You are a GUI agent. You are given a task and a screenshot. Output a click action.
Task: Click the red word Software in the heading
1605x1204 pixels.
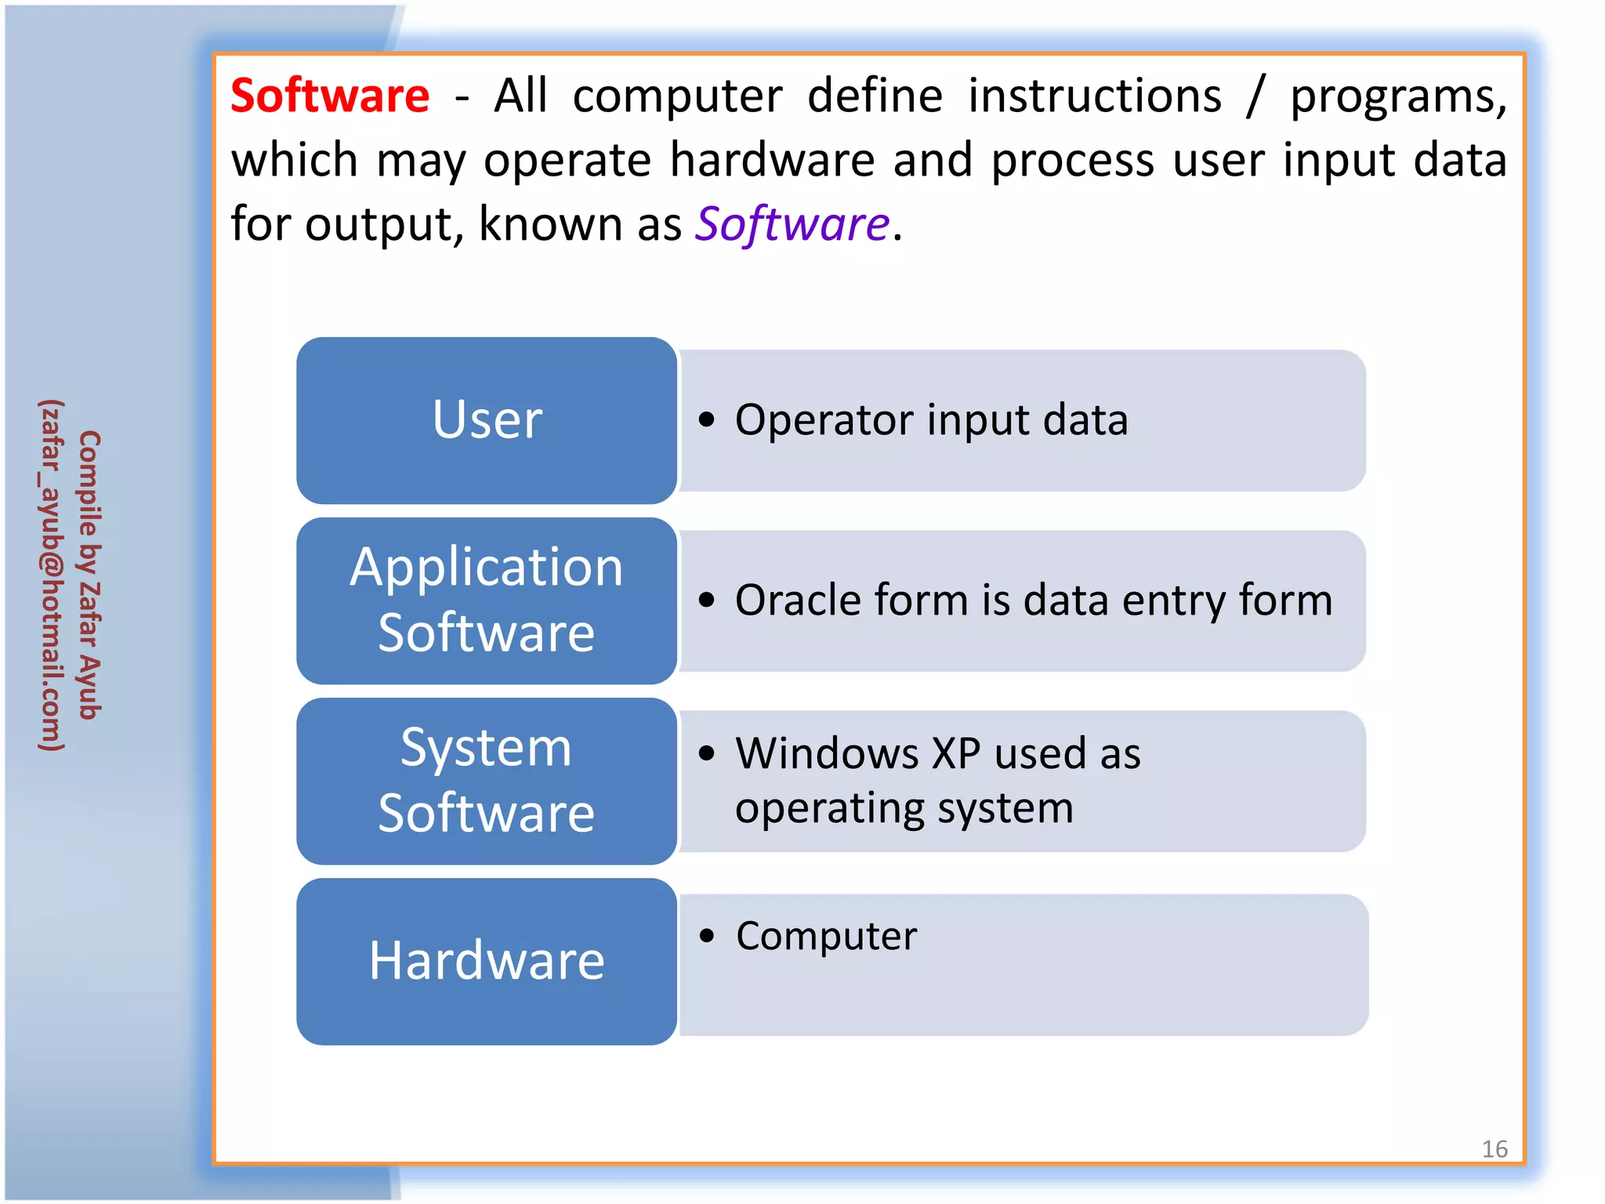pos(330,96)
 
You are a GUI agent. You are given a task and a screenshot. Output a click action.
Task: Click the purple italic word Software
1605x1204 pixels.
pos(792,224)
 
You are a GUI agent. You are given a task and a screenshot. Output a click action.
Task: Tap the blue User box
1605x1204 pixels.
pos(487,420)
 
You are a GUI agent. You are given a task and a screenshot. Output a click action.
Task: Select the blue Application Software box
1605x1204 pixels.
pos(487,600)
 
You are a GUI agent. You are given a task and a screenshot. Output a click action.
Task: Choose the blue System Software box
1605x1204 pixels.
pos(487,781)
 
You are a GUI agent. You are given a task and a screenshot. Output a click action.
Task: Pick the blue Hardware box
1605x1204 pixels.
pos(487,961)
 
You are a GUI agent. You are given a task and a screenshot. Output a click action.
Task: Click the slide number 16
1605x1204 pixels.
pos(1494,1149)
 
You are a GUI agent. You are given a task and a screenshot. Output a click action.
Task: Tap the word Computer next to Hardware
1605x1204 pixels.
pos(826,936)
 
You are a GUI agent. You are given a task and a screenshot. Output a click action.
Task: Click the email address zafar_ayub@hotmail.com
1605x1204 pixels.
pos(52,575)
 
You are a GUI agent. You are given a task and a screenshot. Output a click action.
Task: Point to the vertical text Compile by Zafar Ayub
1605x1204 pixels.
pos(89,575)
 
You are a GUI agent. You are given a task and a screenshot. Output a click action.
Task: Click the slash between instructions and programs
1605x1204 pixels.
pos(1255,97)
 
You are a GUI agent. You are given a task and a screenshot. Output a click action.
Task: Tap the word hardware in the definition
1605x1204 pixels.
pos(772,161)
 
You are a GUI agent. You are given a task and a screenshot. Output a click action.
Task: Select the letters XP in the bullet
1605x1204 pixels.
pos(955,754)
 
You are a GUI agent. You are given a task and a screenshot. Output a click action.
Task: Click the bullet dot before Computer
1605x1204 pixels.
pos(708,936)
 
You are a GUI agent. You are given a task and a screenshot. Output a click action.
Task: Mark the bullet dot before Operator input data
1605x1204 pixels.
pos(707,420)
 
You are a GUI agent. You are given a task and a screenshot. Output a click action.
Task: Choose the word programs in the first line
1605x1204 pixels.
pos(1398,97)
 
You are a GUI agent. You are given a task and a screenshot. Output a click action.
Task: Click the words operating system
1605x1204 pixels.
pos(904,809)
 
